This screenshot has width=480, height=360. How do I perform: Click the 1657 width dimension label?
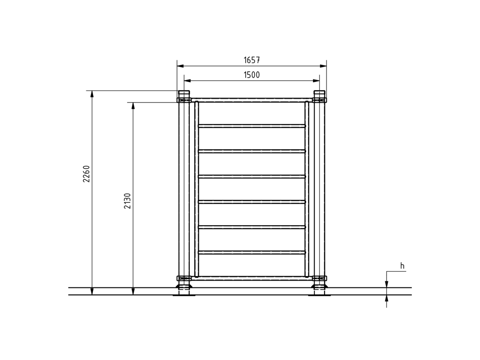point(251,60)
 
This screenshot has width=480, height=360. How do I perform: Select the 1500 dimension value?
point(251,75)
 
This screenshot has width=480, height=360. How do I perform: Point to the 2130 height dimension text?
point(128,201)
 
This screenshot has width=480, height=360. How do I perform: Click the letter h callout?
point(402,266)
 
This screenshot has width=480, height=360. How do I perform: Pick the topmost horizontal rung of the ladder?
point(251,126)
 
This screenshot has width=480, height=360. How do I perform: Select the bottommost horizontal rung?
point(251,252)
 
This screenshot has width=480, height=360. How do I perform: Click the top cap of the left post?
point(184,93)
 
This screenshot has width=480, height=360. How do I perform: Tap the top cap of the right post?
point(319,93)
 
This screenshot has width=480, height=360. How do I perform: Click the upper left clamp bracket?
point(184,100)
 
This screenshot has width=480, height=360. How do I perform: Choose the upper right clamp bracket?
point(320,100)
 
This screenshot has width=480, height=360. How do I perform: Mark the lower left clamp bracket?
point(184,278)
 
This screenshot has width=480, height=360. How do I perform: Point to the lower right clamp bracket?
point(320,278)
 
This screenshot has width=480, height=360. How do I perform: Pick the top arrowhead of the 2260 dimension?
point(92,93)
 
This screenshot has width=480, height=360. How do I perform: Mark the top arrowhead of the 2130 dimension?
point(133,105)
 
